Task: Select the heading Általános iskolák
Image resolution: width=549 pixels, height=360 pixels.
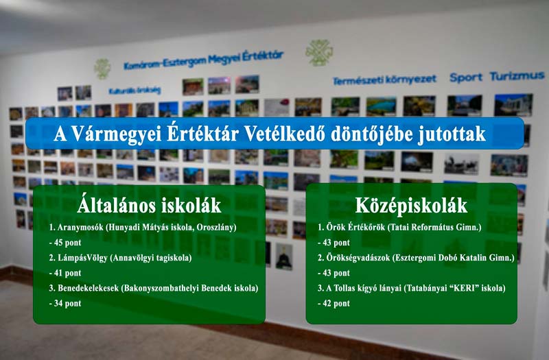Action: click(150, 204)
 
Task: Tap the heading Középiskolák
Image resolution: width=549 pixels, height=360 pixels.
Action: click(412, 204)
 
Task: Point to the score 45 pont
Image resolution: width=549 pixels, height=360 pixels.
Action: click(65, 242)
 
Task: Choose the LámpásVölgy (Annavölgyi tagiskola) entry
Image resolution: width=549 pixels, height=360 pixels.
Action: click(120, 258)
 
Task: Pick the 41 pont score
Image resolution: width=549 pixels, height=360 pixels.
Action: click(65, 273)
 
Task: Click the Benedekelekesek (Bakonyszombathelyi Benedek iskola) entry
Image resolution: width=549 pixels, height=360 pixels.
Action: click(153, 288)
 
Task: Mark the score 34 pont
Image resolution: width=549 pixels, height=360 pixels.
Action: click(65, 303)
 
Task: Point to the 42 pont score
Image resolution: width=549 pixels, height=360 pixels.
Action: click(334, 303)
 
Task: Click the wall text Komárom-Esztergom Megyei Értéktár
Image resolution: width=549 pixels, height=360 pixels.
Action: click(203, 60)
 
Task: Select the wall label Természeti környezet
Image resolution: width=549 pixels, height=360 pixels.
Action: click(384, 80)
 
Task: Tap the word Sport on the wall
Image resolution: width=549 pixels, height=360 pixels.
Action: click(466, 77)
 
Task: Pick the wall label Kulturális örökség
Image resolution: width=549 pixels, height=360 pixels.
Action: click(135, 90)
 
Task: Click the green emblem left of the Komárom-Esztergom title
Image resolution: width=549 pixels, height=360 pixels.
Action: click(102, 69)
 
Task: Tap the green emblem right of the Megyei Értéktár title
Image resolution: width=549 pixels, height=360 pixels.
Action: click(318, 52)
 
